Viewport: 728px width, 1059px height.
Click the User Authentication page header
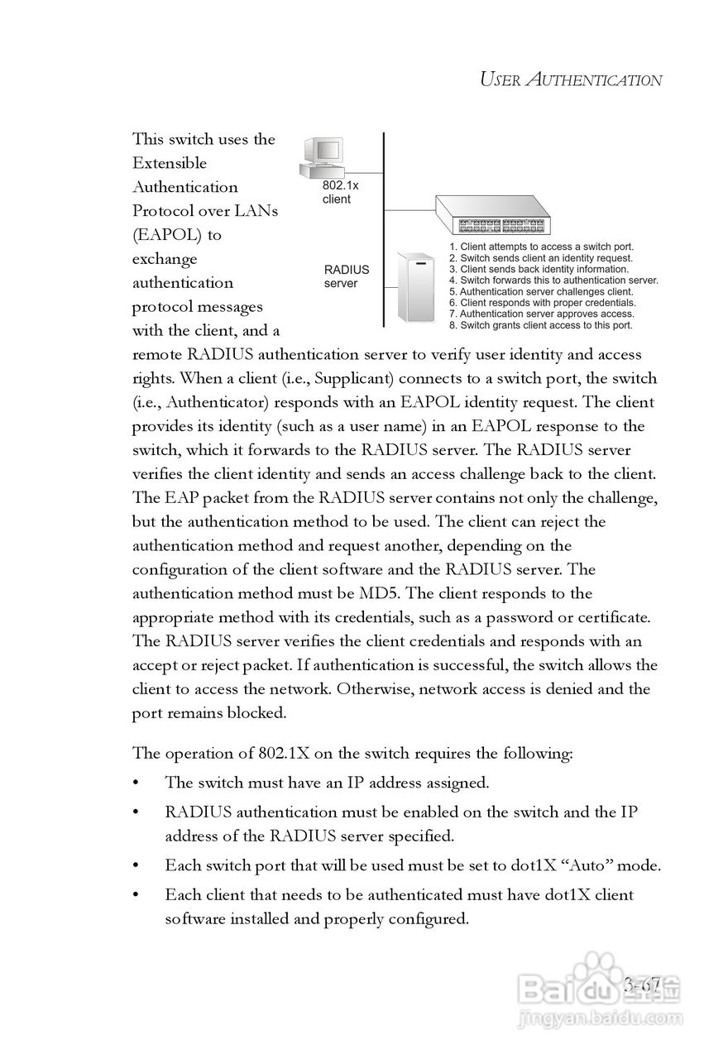[x=571, y=80]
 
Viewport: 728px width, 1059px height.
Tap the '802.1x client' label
[x=340, y=193]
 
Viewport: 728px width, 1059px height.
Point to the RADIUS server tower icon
[x=416, y=287]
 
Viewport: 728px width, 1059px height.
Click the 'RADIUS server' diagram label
[x=346, y=276]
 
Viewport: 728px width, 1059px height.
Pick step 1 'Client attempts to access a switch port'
[x=542, y=247]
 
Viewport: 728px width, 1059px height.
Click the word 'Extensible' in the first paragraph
[x=170, y=163]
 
